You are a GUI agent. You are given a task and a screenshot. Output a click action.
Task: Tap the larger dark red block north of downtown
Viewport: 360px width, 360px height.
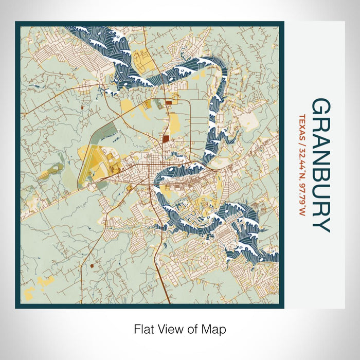pos(166,138)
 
